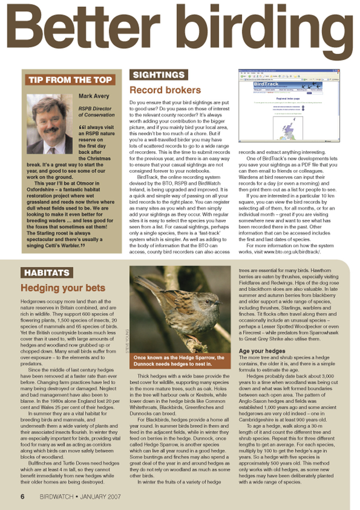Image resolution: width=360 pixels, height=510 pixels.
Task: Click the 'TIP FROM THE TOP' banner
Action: [70, 80]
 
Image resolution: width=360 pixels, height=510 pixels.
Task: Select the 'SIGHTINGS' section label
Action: [158, 75]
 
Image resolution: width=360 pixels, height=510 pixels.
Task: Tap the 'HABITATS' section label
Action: [47, 273]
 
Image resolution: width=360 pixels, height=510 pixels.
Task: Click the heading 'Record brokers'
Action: [165, 90]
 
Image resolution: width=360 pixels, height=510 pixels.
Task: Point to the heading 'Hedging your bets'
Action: [63, 288]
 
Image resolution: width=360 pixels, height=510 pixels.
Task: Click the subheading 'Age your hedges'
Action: [262, 351]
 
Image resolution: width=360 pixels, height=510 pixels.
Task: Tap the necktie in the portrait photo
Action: [51, 150]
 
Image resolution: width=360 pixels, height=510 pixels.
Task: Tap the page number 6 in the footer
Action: [23, 496]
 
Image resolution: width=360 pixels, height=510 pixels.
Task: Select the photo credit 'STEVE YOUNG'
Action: [127, 341]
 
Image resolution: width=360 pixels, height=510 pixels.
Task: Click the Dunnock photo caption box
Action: [180, 361]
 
